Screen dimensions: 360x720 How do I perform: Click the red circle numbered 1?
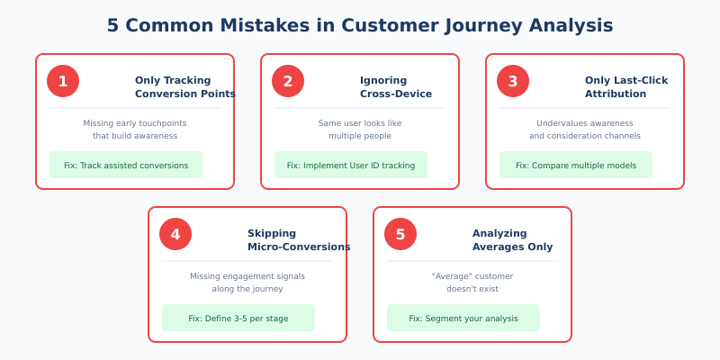pyautogui.click(x=63, y=81)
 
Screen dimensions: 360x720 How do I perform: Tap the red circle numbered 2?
pyautogui.click(x=288, y=81)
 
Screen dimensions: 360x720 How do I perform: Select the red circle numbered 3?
pyautogui.click(x=513, y=81)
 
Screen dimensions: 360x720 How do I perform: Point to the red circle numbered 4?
pyautogui.click(x=175, y=234)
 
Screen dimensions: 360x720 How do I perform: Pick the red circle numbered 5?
pyautogui.click(x=400, y=234)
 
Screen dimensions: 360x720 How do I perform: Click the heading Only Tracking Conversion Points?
pyautogui.click(x=184, y=86)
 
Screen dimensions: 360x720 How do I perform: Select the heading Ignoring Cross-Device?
pyautogui.click(x=396, y=86)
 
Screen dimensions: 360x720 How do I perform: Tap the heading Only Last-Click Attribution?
pyautogui.click(x=626, y=86)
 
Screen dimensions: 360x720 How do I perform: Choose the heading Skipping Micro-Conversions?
pyautogui.click(x=298, y=239)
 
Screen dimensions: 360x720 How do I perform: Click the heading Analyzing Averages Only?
pyautogui.click(x=512, y=239)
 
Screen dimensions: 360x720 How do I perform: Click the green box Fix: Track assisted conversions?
pyautogui.click(x=126, y=165)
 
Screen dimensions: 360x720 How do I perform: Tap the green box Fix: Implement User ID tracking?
pyautogui.click(x=351, y=165)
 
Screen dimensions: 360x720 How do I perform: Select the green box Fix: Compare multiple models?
pyautogui.click(x=576, y=165)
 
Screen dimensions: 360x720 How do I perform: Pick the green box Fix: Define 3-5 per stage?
pyautogui.click(x=238, y=318)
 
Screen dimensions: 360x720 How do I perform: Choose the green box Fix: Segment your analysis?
pyautogui.click(x=463, y=318)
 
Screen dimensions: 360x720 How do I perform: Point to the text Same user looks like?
pyautogui.click(x=360, y=123)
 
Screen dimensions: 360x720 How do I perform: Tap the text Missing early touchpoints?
pyautogui.click(x=135, y=123)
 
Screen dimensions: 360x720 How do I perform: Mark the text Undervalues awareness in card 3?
pyautogui.click(x=585, y=123)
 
